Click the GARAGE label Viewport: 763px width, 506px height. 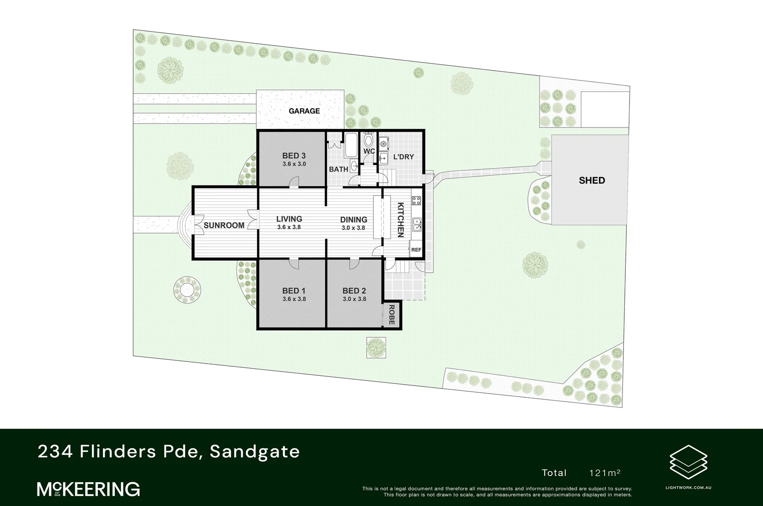304,111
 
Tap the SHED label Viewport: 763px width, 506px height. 592,180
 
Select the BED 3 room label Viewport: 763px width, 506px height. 294,156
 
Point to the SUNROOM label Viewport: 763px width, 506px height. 224,225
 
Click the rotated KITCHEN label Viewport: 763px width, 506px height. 401,220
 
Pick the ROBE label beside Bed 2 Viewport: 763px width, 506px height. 392,315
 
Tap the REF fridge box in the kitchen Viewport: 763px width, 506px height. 416,250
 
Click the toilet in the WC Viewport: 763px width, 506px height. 369,141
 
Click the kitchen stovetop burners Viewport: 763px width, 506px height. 416,201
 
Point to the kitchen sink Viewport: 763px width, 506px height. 416,225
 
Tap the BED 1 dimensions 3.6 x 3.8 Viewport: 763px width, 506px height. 294,299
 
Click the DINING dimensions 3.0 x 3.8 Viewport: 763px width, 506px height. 353,228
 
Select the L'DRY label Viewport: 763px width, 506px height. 403,157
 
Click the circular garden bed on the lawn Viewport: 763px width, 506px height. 187,290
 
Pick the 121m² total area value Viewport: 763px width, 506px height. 605,473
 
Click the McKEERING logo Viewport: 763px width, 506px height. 89,489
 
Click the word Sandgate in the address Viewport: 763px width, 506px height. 255,452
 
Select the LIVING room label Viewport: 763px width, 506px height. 289,219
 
